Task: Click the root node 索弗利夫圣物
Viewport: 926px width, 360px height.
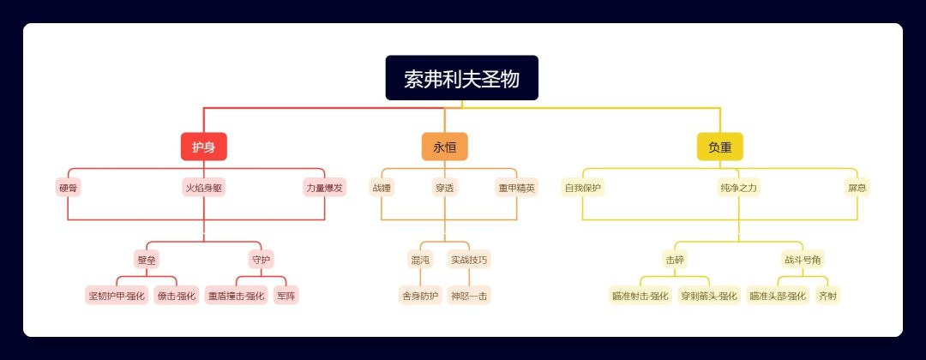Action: tap(461, 78)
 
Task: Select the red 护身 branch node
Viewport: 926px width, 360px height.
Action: tap(203, 147)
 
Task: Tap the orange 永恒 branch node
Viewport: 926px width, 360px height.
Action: tap(444, 147)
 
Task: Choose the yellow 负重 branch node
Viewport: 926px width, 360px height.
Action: tap(719, 147)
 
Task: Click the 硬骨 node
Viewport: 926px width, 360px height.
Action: tap(69, 188)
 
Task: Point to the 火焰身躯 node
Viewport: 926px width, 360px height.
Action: tap(204, 188)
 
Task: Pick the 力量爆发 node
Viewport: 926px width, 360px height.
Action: tap(324, 188)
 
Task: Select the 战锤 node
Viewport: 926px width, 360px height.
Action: tap(382, 188)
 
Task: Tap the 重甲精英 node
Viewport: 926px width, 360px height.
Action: tap(516, 188)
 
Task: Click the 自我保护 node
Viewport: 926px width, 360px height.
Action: tap(583, 188)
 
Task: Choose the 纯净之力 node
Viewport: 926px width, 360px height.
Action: tap(738, 188)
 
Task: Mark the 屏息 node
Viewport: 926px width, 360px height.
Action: tap(857, 188)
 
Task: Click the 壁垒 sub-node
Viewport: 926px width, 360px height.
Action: tap(147, 259)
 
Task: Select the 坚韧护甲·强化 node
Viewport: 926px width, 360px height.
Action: tap(117, 297)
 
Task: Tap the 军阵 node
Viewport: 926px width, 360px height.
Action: tap(286, 297)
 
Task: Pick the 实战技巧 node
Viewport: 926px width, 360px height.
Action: tap(469, 259)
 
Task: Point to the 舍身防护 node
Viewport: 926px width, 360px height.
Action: tap(419, 297)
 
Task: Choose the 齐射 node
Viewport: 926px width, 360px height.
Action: tap(827, 297)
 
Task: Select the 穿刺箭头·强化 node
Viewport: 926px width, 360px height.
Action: tap(708, 297)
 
